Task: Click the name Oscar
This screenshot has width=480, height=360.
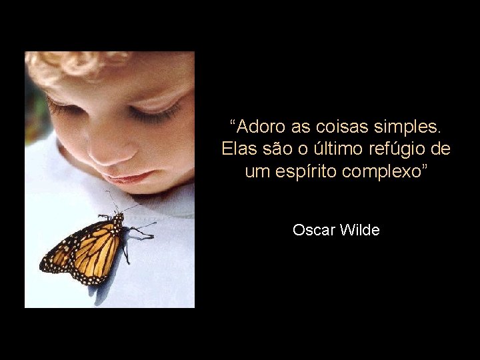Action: click(313, 231)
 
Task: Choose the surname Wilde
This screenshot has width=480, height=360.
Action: click(359, 231)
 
